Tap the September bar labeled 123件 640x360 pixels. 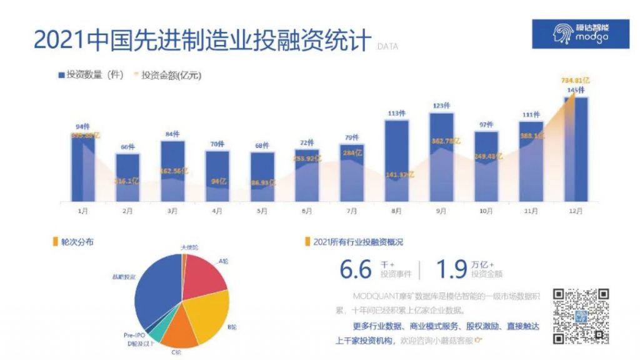pyautogui.click(x=441, y=156)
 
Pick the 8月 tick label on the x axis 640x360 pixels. pyautogui.click(x=397, y=211)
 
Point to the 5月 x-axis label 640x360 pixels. pyautogui.click(x=262, y=211)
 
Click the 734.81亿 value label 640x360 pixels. pyautogui.click(x=576, y=81)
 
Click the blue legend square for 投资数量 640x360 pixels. pyautogui.click(x=61, y=76)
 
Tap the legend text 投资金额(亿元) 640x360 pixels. pyautogui.click(x=171, y=76)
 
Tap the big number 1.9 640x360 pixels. pyautogui.click(x=451, y=269)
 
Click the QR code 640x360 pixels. pyautogui.click(x=581, y=316)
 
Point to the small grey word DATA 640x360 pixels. pyautogui.click(x=387, y=46)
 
